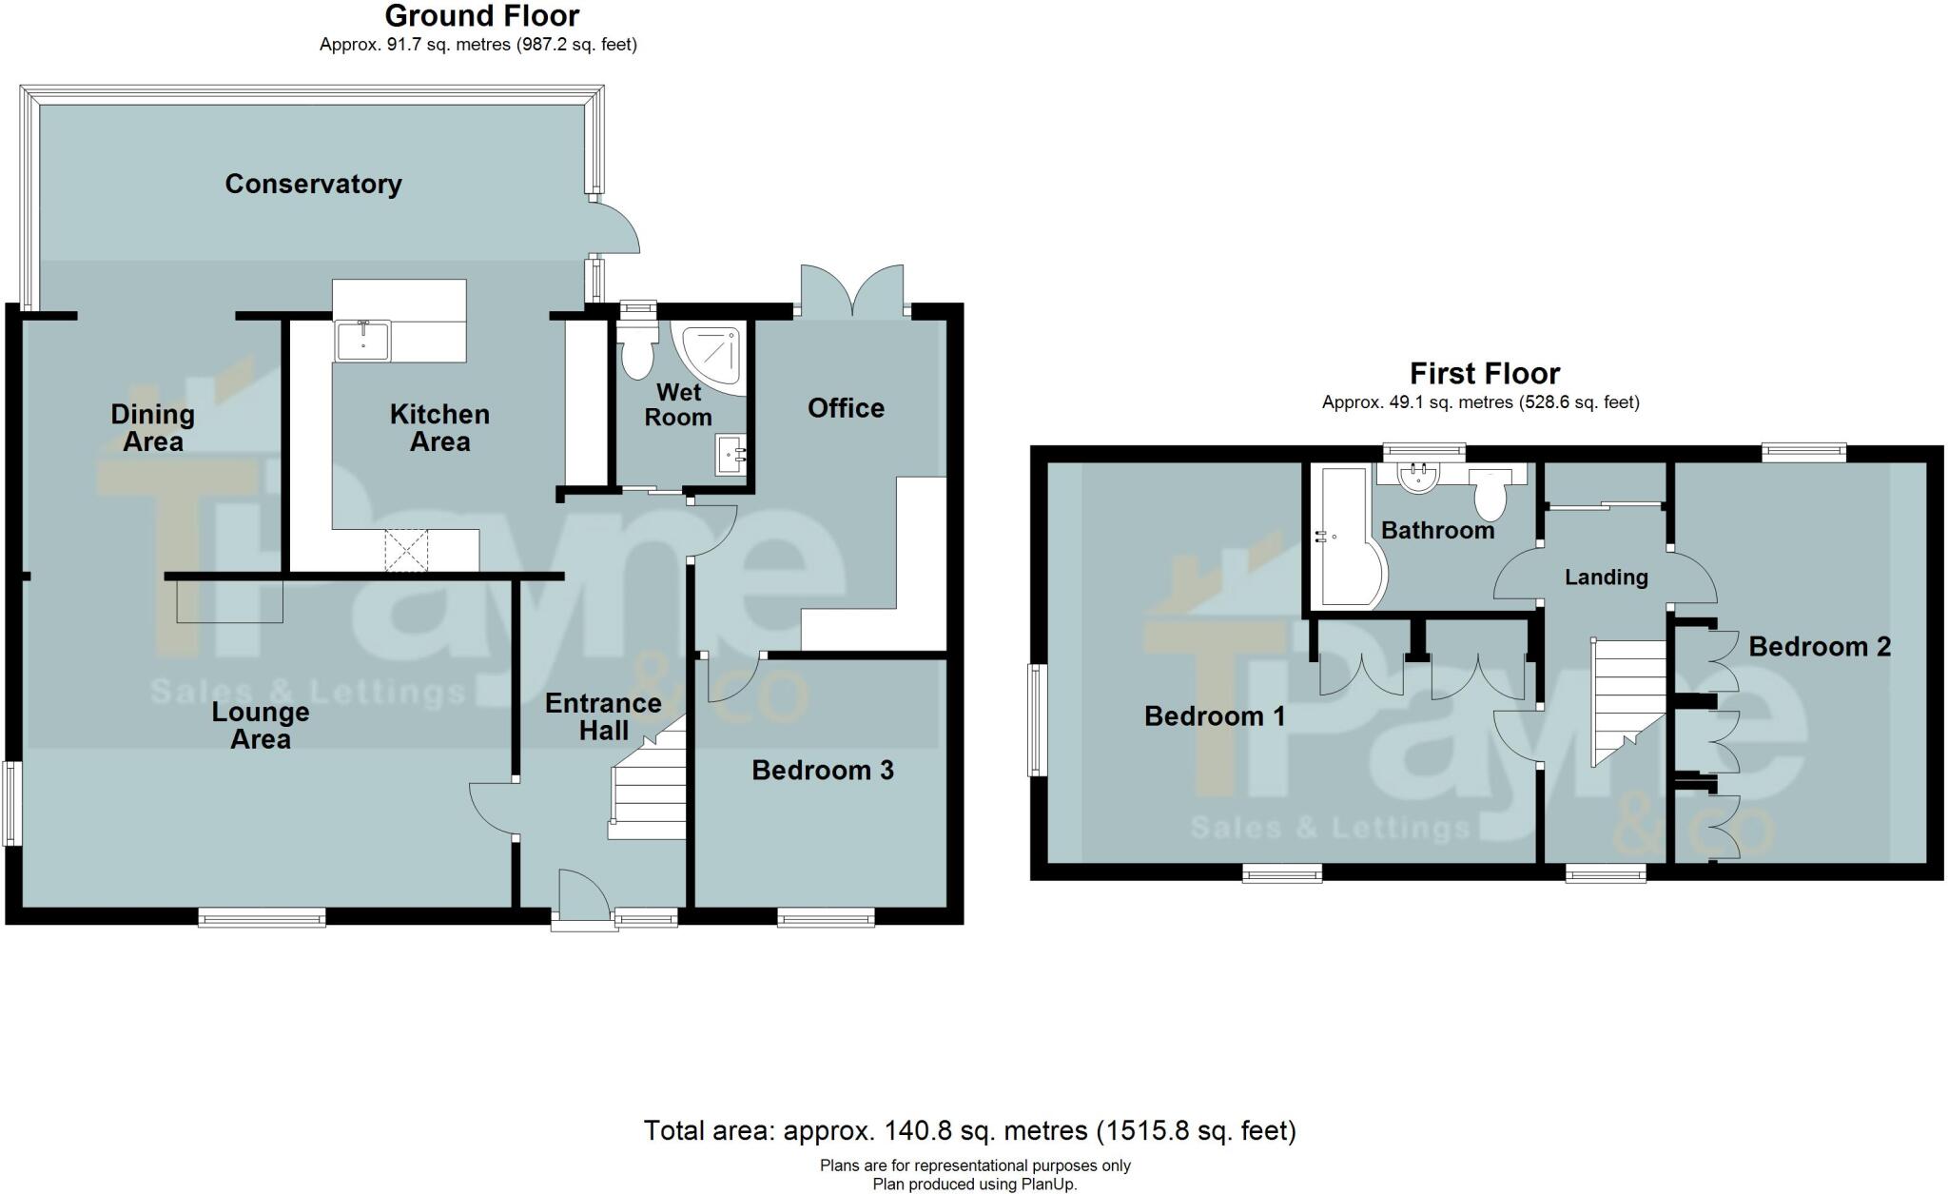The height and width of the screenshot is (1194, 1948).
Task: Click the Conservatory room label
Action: click(313, 184)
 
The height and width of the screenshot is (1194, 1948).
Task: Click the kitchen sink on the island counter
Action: click(361, 341)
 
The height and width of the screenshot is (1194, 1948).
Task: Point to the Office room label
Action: click(846, 408)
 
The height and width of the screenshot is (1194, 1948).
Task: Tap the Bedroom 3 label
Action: click(822, 770)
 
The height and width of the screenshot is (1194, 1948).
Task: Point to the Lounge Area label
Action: click(261, 726)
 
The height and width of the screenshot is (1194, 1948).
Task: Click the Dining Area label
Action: click(152, 427)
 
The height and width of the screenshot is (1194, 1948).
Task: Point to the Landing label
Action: click(1606, 577)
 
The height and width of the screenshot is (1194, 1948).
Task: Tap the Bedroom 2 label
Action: click(1819, 647)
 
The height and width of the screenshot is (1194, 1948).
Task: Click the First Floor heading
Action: click(1484, 373)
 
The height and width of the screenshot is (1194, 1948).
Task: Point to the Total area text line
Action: click(969, 1130)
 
